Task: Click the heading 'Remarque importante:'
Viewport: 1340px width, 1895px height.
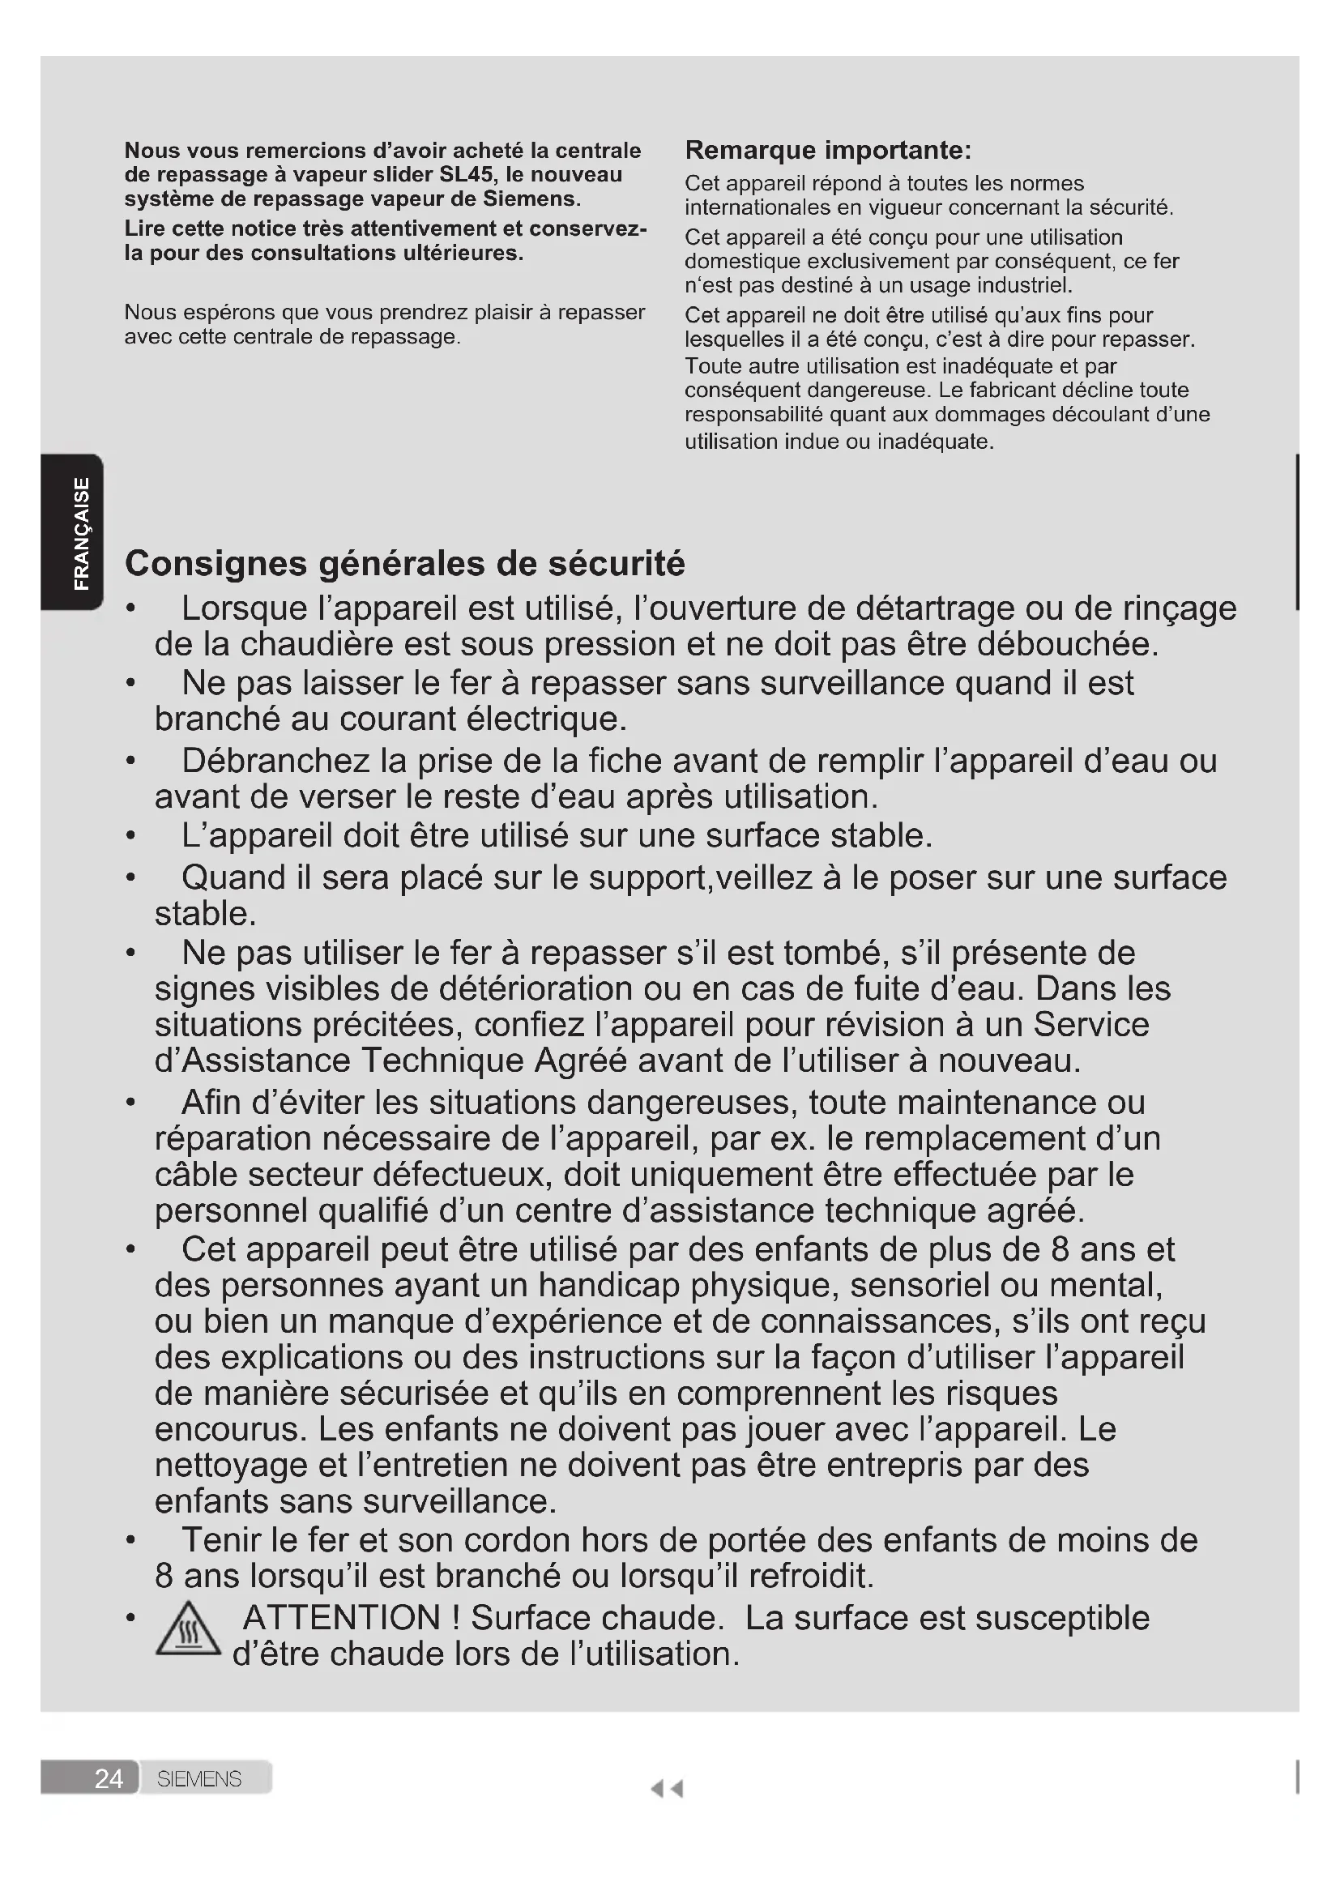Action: pos(828,150)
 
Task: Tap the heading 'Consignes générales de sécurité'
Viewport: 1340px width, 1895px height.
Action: pos(404,564)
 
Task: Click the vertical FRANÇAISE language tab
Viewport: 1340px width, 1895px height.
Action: pos(81,533)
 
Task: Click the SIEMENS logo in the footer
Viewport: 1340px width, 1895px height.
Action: pos(198,1778)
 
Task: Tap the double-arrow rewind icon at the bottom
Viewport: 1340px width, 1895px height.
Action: pos(667,1789)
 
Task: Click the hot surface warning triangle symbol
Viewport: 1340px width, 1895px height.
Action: pos(188,1629)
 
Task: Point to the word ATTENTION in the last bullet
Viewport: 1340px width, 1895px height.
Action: pos(342,1618)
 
